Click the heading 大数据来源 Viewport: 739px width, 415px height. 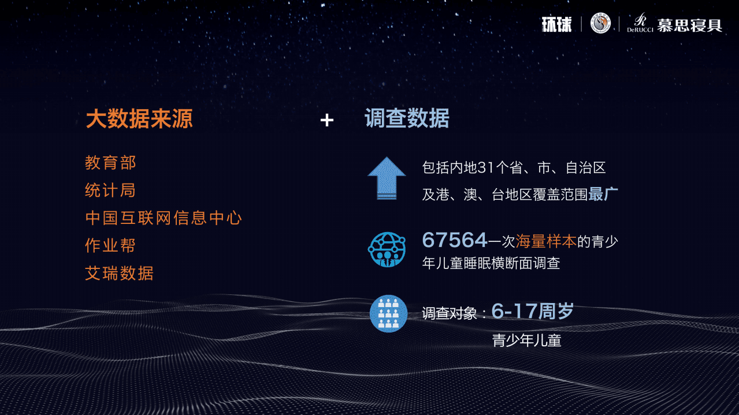(x=139, y=119)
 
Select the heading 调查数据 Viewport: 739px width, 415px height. (x=407, y=119)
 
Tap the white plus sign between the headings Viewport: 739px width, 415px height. (x=327, y=120)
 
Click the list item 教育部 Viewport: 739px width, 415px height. (x=110, y=163)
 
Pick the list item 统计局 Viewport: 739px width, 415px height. (x=110, y=190)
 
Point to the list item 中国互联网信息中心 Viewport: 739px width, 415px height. (x=164, y=218)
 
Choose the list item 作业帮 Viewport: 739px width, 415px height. (x=110, y=246)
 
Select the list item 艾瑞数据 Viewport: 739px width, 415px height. (x=120, y=274)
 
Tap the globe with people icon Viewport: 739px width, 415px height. (x=387, y=249)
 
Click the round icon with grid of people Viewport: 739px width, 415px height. (x=388, y=313)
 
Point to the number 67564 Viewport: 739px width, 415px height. (x=455, y=240)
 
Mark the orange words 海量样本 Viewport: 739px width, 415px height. (x=546, y=241)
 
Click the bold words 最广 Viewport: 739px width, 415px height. (x=603, y=195)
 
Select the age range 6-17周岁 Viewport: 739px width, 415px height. (x=532, y=312)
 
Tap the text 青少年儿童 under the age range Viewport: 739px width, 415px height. (x=526, y=341)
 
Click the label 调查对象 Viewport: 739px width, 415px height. (x=449, y=313)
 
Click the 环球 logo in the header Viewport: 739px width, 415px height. (x=556, y=24)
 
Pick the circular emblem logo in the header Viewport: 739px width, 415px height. (x=600, y=24)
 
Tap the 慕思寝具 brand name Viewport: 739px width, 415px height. (x=689, y=25)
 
